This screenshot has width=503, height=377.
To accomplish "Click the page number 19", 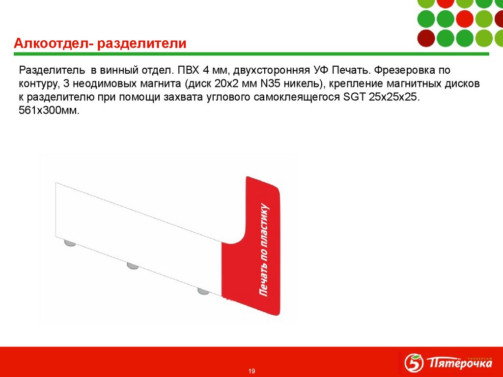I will click(251, 371).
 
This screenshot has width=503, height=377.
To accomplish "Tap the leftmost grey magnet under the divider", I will click(70, 242).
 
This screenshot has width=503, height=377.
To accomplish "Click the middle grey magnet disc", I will click(133, 266).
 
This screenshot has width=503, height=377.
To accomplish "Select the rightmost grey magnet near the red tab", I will click(203, 291).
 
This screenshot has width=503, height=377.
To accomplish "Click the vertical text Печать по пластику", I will click(265, 249).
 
